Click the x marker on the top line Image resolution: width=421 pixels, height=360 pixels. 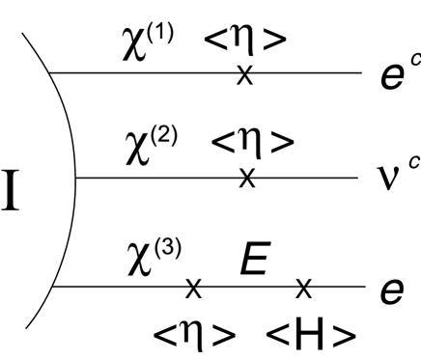pos(245,73)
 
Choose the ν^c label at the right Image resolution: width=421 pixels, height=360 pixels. pos(394,176)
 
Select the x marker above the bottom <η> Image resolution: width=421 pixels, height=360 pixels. pos(193,287)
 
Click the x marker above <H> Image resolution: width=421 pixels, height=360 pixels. pos(304,287)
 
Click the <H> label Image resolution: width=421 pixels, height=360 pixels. pos(306,334)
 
